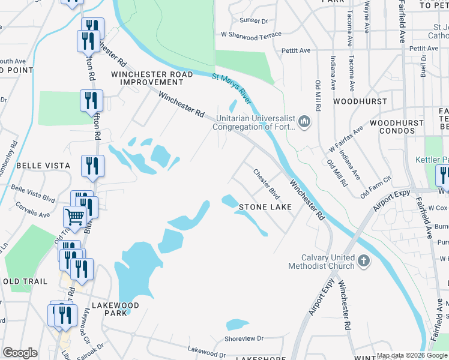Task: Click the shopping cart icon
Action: coord(74,216)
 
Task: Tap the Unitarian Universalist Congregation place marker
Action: coord(304,122)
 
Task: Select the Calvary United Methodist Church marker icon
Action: coord(364,260)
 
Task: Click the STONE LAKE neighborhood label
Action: coord(265,207)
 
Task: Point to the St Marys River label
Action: coord(232,85)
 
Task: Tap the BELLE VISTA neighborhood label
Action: coord(43,165)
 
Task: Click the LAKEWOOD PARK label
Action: coord(116,309)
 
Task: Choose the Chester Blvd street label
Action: coord(267,184)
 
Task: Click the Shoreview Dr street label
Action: coord(244,338)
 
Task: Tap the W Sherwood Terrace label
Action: coord(251,35)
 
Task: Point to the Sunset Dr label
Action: coord(253,20)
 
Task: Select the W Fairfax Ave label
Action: coord(346,139)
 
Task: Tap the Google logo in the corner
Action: coord(20,353)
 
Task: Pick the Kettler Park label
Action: coord(431,160)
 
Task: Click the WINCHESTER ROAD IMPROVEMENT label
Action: coord(152,78)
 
